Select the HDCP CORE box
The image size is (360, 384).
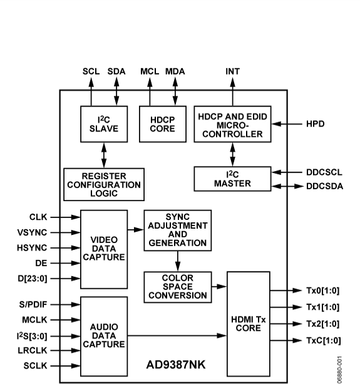pyautogui.click(x=158, y=124)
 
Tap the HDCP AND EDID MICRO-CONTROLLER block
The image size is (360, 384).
pyautogui.click(x=232, y=124)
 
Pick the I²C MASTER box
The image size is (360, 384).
pyautogui.click(x=232, y=178)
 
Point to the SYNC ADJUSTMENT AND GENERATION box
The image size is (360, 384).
pyautogui.click(x=177, y=230)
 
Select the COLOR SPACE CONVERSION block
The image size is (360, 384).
pyautogui.click(x=177, y=286)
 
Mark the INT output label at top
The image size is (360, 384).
pyautogui.click(x=232, y=71)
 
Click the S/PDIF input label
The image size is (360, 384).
pyautogui.click(x=28, y=304)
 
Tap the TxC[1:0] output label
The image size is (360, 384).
pyautogui.click(x=323, y=340)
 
